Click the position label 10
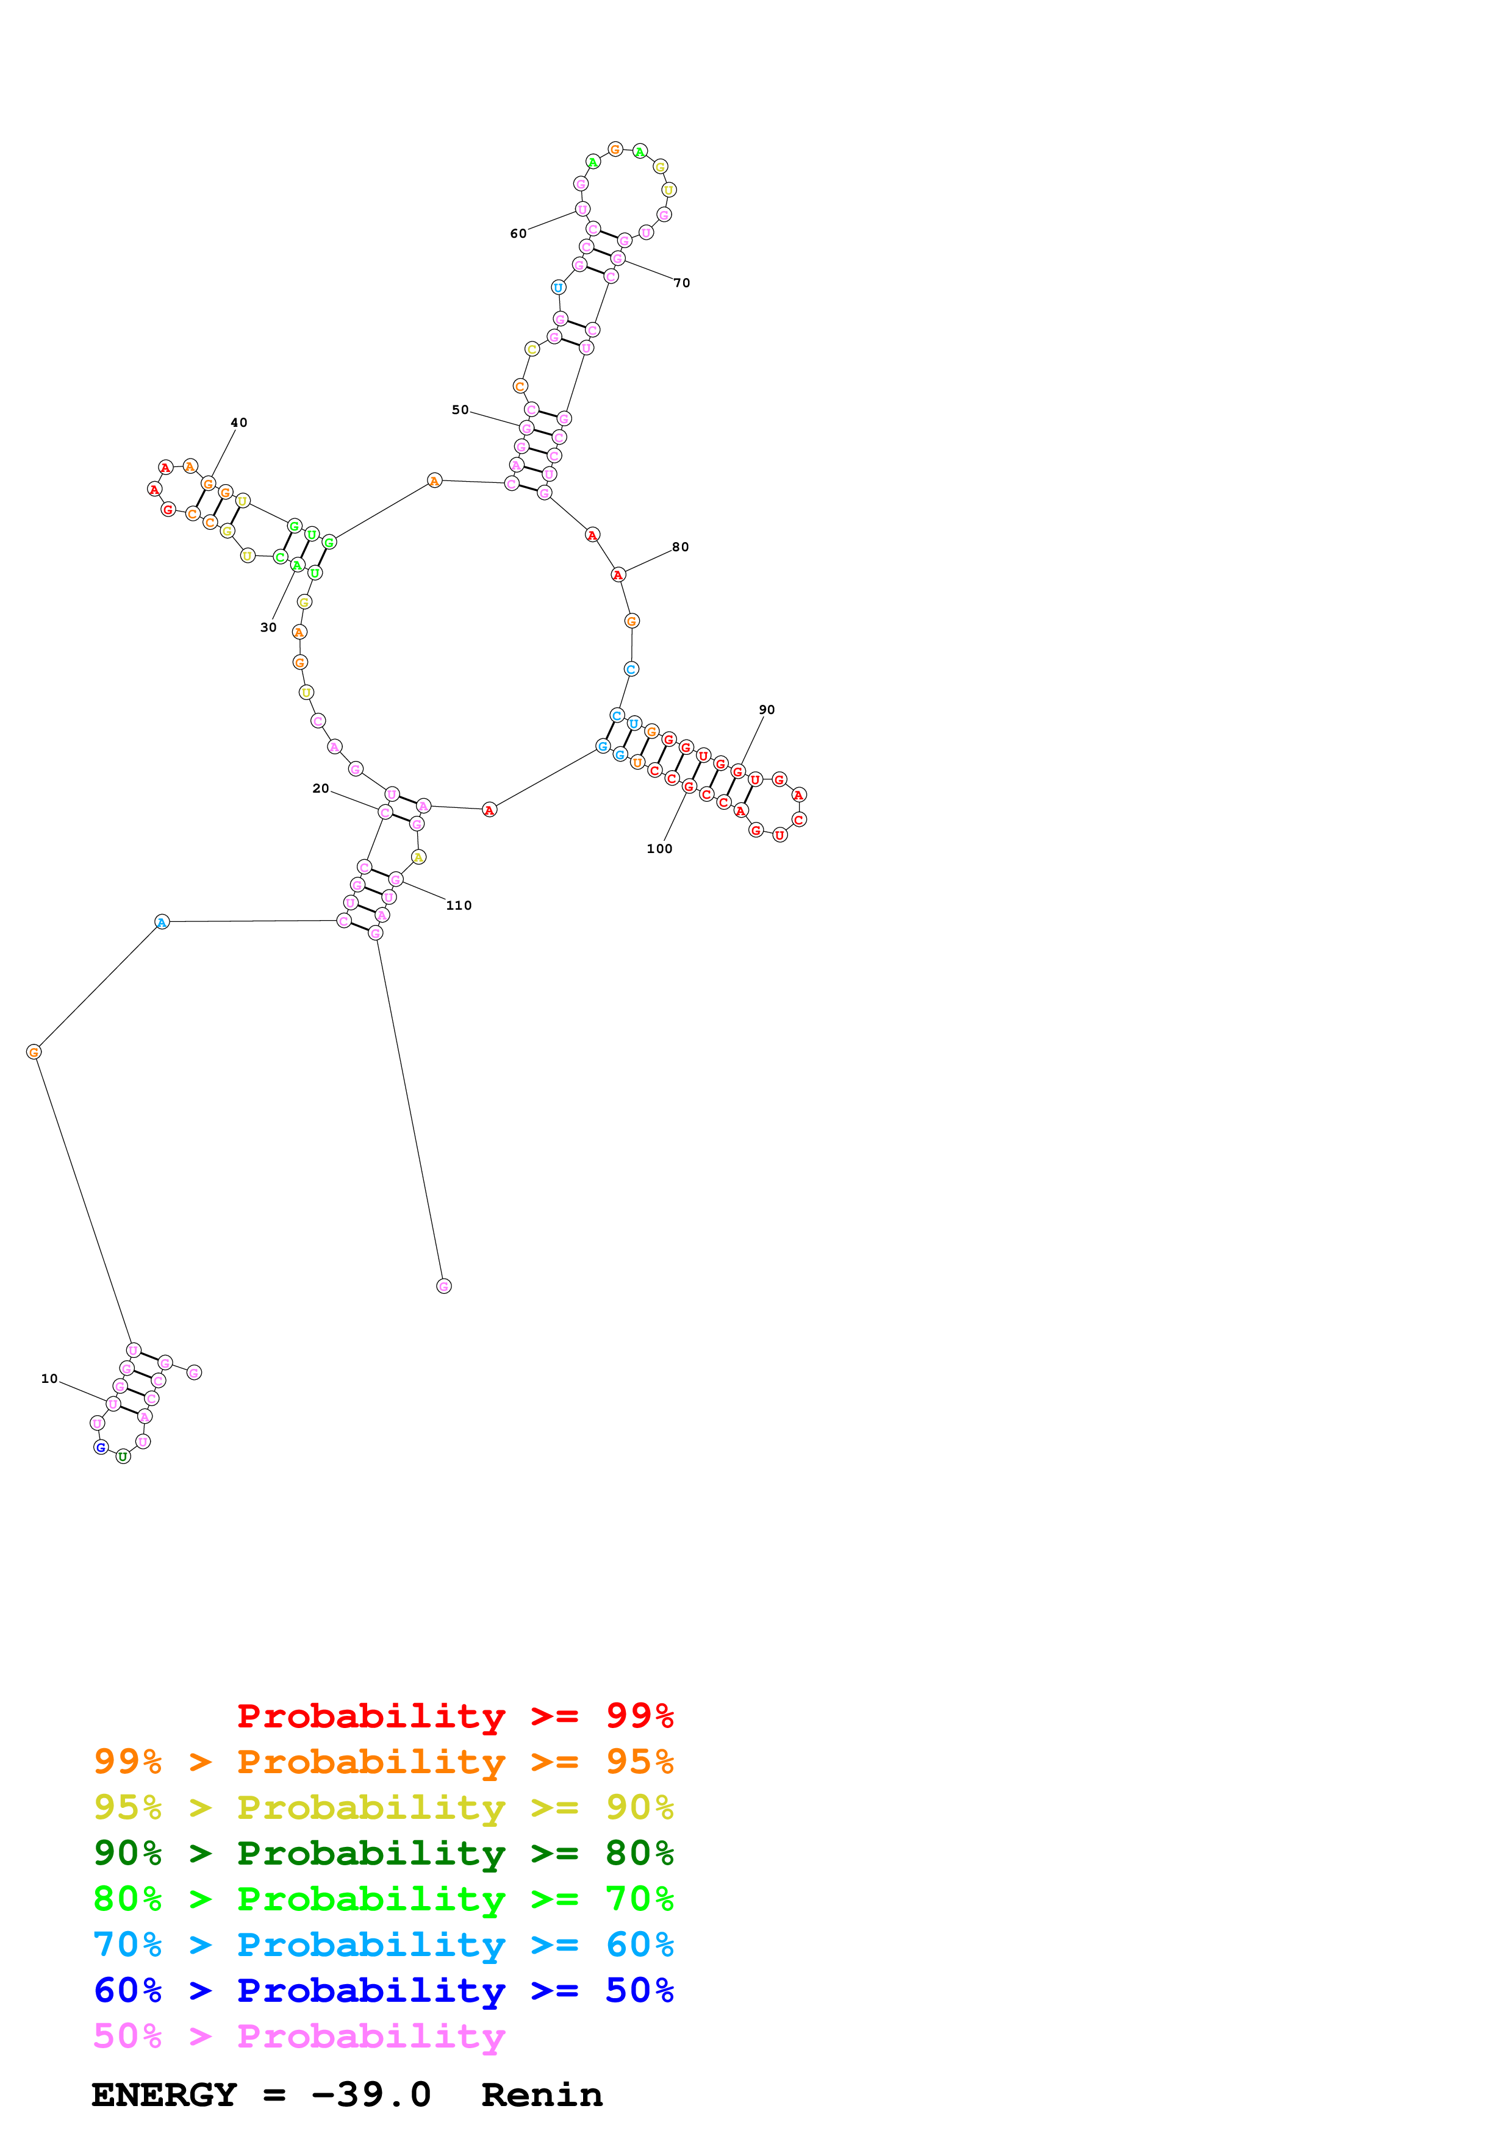pos(49,1379)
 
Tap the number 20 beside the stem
pos(320,788)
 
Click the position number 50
pos(460,409)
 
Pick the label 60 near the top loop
pos(518,233)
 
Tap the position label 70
pos(682,282)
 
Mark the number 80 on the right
pos(680,547)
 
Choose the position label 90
pos(767,709)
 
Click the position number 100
pos(659,849)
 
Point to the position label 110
pos(458,905)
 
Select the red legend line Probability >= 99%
pos(454,1716)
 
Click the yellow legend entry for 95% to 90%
pos(383,1807)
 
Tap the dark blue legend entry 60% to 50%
pos(383,1990)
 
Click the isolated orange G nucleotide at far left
pos(34,1052)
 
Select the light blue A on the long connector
pos(162,923)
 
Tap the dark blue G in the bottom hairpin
pos(101,1447)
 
